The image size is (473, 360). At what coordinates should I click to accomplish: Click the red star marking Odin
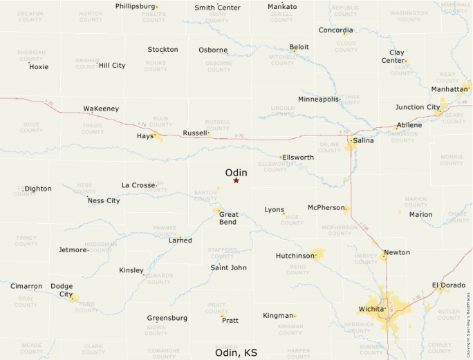236,180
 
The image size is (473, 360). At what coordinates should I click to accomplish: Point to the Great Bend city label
228,218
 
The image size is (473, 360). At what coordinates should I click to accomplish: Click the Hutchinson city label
295,256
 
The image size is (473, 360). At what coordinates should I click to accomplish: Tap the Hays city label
145,136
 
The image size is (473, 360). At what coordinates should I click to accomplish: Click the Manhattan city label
450,89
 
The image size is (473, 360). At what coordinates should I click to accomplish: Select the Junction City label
418,107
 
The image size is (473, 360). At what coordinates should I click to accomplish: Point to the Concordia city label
335,30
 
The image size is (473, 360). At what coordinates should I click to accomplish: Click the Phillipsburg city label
136,6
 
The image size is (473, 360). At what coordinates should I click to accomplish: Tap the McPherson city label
326,207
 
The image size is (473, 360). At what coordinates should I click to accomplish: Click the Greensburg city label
167,318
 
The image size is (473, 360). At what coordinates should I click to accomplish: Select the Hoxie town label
39,67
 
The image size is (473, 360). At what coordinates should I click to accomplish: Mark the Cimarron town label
26,286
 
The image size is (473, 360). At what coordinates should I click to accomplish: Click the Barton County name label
206,196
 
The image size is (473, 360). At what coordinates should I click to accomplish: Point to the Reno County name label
297,269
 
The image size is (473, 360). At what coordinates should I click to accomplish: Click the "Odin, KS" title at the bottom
236,352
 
